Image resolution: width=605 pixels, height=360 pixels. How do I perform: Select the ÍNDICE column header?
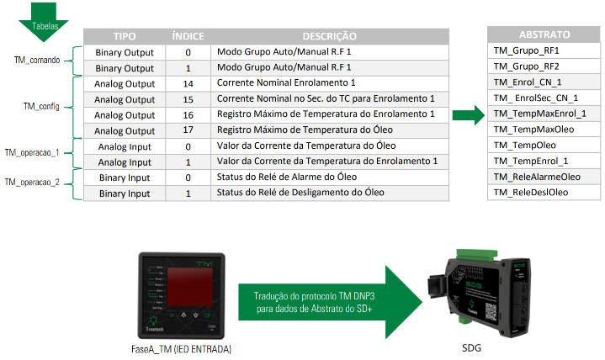pyautogui.click(x=188, y=37)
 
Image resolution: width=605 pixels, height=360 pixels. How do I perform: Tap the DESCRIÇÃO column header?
pyautogui.click(x=329, y=37)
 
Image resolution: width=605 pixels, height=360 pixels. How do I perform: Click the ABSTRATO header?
pyautogui.click(x=544, y=35)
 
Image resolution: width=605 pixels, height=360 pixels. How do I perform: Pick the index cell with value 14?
pyautogui.click(x=188, y=83)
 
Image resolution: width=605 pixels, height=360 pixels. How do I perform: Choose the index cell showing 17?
pyautogui.click(x=188, y=130)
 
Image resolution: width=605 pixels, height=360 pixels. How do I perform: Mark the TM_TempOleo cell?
pyautogui.click(x=523, y=145)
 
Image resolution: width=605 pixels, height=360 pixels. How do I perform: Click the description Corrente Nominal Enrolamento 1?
pyautogui.click(x=287, y=83)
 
